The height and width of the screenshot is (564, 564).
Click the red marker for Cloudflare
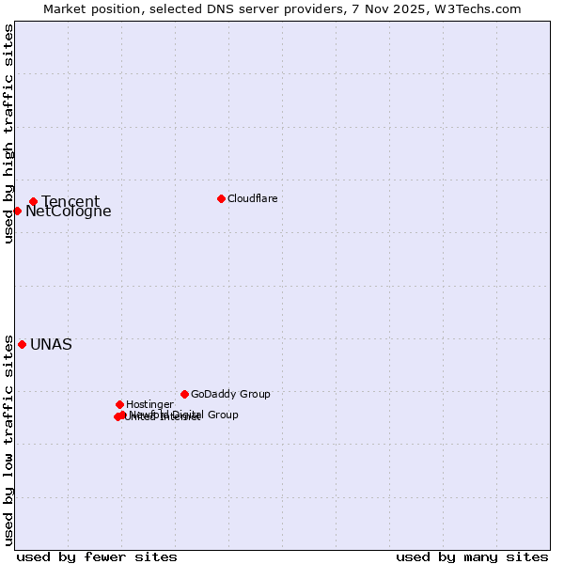click(x=221, y=198)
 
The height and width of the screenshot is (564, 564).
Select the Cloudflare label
click(x=252, y=198)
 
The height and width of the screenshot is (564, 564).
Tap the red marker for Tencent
click(x=33, y=201)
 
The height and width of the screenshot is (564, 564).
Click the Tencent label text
click(x=70, y=201)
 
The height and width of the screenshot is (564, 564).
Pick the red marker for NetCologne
click(x=17, y=211)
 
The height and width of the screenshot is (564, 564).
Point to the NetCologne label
click(x=69, y=211)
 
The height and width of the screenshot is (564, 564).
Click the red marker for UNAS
click(x=22, y=344)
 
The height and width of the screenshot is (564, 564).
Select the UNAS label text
click(x=51, y=344)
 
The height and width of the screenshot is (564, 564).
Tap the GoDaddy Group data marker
click(x=184, y=394)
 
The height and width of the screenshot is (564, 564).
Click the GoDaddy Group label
click(x=230, y=394)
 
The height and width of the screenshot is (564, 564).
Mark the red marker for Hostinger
click(x=119, y=404)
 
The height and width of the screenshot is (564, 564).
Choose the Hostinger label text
click(x=149, y=404)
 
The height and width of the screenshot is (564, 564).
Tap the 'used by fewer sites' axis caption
click(x=97, y=556)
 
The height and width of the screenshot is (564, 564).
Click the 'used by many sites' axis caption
click(x=472, y=556)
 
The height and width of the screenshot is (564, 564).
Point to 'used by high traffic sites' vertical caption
click(x=8, y=134)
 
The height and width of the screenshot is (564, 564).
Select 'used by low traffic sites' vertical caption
click(x=8, y=439)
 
